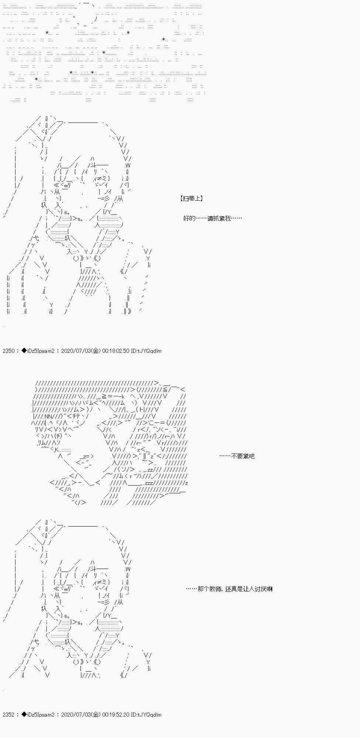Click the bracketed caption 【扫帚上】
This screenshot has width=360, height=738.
tap(192, 199)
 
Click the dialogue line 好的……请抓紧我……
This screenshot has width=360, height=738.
tap(212, 218)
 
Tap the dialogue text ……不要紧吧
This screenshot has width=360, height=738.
tap(237, 456)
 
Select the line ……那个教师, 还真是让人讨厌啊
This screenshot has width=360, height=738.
tap(229, 589)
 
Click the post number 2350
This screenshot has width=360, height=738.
tap(8, 351)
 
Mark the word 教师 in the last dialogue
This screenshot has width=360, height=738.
tap(215, 589)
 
